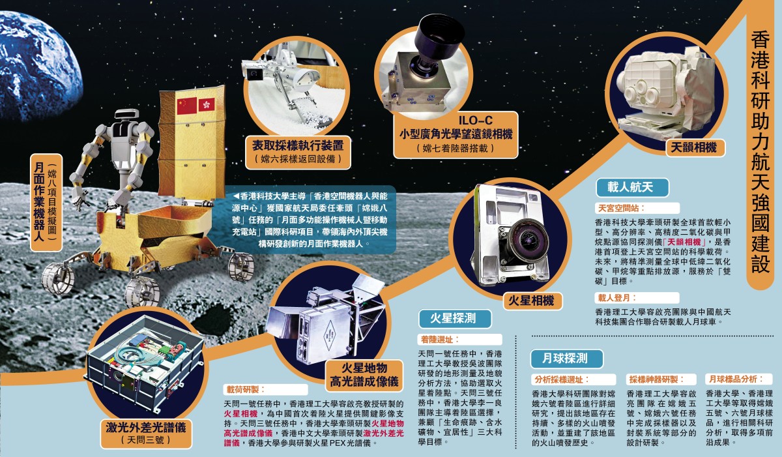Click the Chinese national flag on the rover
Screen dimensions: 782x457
click(x=187, y=106)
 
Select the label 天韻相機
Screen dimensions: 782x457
click(x=693, y=147)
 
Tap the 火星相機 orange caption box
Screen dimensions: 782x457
click(x=531, y=301)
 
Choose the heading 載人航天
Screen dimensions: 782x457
click(x=630, y=187)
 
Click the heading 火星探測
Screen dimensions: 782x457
click(x=453, y=318)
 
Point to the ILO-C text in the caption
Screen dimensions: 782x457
click(x=475, y=121)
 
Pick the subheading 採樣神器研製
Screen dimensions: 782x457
click(x=657, y=379)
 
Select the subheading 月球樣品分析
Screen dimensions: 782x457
click(x=736, y=379)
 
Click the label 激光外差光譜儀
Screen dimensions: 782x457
click(x=146, y=427)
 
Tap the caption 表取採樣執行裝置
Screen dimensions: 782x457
click(x=298, y=145)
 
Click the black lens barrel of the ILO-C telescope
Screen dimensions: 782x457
click(x=437, y=40)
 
